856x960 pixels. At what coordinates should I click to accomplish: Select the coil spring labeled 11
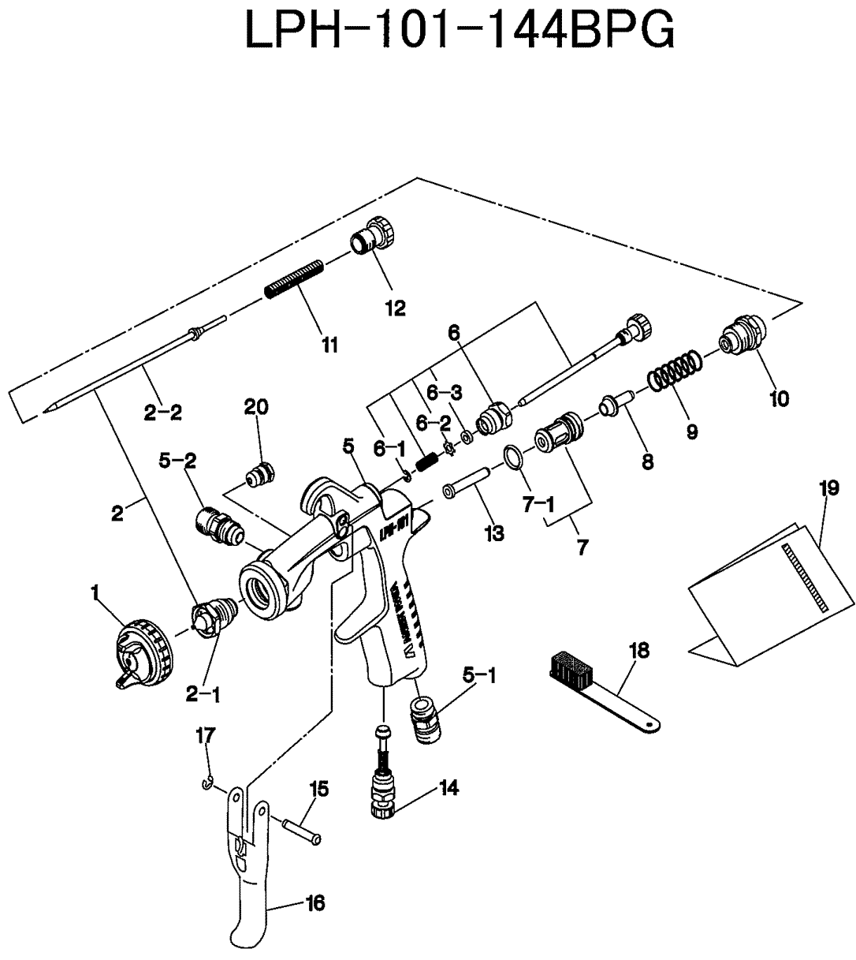[293, 279]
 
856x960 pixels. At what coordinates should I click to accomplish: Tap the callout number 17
[205, 737]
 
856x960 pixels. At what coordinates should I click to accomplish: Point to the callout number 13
[494, 534]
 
